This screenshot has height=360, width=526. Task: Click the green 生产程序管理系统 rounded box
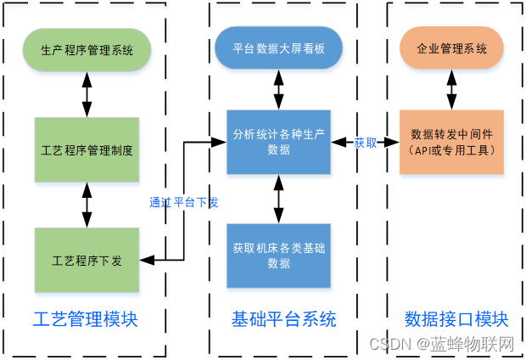click(87, 49)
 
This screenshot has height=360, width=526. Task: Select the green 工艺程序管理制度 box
click(87, 150)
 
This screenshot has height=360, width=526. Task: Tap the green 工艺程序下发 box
click(87, 260)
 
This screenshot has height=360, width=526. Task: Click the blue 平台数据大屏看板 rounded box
click(278, 49)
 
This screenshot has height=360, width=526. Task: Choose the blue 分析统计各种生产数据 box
click(278, 142)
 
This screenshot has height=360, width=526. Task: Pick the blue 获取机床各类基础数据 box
click(278, 256)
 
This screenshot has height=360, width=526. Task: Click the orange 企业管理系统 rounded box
click(451, 49)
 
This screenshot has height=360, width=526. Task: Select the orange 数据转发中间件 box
click(451, 142)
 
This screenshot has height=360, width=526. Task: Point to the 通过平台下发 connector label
click(184, 202)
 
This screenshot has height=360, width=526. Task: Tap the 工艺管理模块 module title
click(86, 319)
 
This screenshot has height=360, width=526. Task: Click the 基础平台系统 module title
click(283, 319)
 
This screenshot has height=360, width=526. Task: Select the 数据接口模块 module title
click(456, 319)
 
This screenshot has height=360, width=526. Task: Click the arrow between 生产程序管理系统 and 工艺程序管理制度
click(87, 93)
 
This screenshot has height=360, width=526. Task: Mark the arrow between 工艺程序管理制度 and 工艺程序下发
click(87, 205)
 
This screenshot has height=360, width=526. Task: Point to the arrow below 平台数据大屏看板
click(278, 89)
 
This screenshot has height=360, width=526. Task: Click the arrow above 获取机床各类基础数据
click(278, 199)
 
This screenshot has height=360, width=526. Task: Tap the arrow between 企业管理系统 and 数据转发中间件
click(451, 89)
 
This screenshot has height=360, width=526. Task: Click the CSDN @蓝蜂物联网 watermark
click(442, 344)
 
